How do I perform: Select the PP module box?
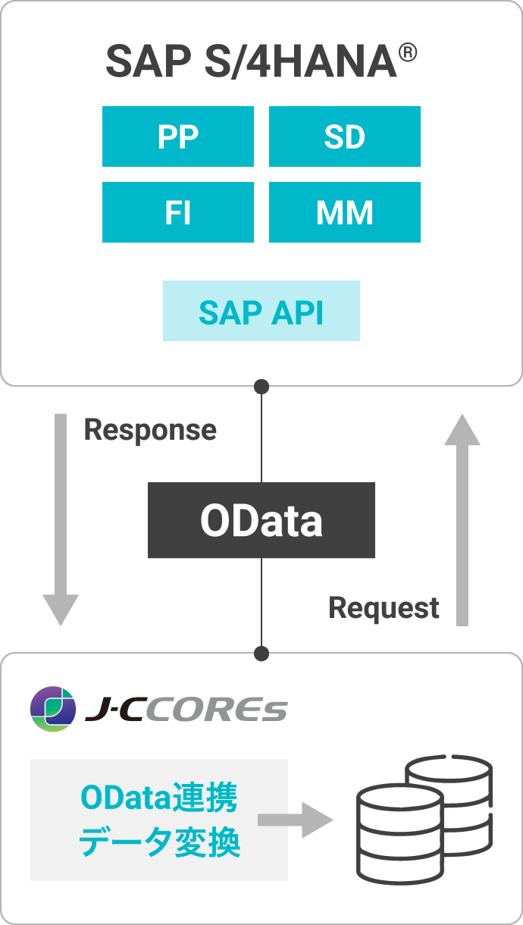pyautogui.click(x=178, y=136)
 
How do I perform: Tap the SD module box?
pyautogui.click(x=344, y=136)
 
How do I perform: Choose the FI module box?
pyautogui.click(x=178, y=212)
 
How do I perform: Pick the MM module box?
pyautogui.click(x=344, y=212)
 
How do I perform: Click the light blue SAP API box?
pyautogui.click(x=261, y=311)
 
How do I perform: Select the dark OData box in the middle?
pyautogui.click(x=261, y=520)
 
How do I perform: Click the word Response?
pyautogui.click(x=150, y=430)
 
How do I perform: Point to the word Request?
pyautogui.click(x=384, y=607)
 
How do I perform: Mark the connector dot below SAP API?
pyautogui.click(x=261, y=387)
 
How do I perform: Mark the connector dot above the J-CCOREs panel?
pyautogui.click(x=261, y=653)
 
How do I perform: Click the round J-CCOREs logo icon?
pyautogui.click(x=53, y=709)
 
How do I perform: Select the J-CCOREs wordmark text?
pyautogui.click(x=186, y=710)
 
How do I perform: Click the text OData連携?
pyautogui.click(x=158, y=798)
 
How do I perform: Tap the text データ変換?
pyautogui.click(x=158, y=842)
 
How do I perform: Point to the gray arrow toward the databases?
pyautogui.click(x=296, y=820)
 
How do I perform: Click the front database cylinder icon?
pyautogui.click(x=399, y=834)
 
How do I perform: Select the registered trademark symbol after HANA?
pyautogui.click(x=408, y=53)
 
